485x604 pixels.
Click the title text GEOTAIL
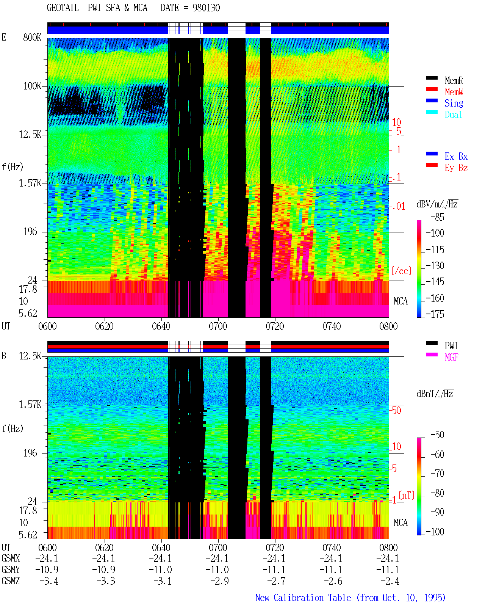click(63, 8)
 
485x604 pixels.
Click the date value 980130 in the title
click(206, 8)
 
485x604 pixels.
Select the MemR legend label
click(454, 80)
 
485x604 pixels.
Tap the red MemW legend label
click(454, 92)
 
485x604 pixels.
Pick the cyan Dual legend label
click(454, 115)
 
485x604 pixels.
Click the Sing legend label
click(454, 103)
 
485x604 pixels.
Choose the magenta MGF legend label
click(451, 357)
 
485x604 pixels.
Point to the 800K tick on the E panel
click(32, 37)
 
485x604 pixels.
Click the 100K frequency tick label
click(32, 86)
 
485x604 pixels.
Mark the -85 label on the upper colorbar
click(437, 217)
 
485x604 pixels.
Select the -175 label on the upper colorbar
click(435, 314)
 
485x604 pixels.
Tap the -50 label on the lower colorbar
click(437, 435)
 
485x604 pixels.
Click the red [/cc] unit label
click(401, 271)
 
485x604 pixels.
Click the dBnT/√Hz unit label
click(435, 394)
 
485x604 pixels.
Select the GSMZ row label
click(11, 581)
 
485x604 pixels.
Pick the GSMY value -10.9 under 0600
click(47, 569)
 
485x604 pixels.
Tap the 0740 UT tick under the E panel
click(332, 326)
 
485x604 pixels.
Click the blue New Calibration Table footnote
click(350, 598)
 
